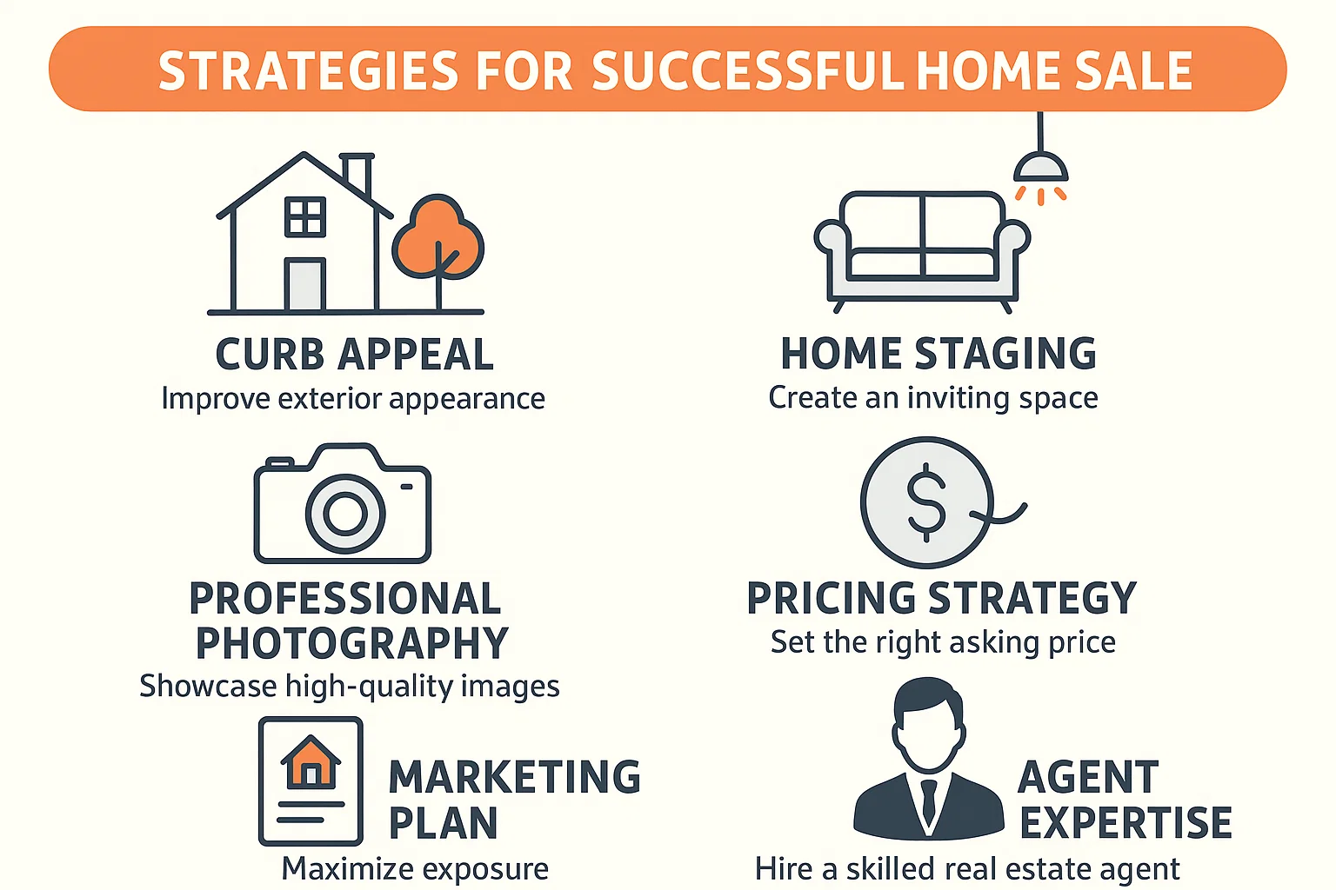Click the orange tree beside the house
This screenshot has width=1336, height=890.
point(438,238)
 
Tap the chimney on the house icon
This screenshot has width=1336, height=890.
point(357,174)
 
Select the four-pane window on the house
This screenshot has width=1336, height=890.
point(305,216)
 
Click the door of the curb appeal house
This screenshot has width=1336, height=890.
point(304,284)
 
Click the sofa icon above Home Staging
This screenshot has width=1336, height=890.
point(922,248)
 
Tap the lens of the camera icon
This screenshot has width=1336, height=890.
point(345,514)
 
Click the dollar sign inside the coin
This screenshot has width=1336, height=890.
point(926,502)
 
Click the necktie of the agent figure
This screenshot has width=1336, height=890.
point(929,800)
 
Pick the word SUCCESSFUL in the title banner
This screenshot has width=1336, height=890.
point(747,71)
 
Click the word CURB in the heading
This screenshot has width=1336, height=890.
point(270,355)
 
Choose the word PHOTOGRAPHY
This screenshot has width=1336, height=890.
point(351,644)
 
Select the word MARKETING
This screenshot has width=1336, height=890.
point(514,777)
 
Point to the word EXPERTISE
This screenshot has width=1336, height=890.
point(1126,823)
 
